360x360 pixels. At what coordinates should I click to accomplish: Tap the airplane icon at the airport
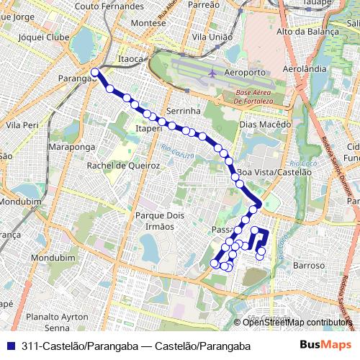point(212,73)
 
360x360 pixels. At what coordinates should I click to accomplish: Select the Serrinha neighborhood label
point(182,111)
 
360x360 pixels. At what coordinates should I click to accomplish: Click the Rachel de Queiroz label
point(118,165)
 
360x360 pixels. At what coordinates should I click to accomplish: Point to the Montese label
point(148,22)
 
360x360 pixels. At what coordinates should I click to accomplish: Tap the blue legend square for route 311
point(9,346)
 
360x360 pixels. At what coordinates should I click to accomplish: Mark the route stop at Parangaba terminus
point(95,72)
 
